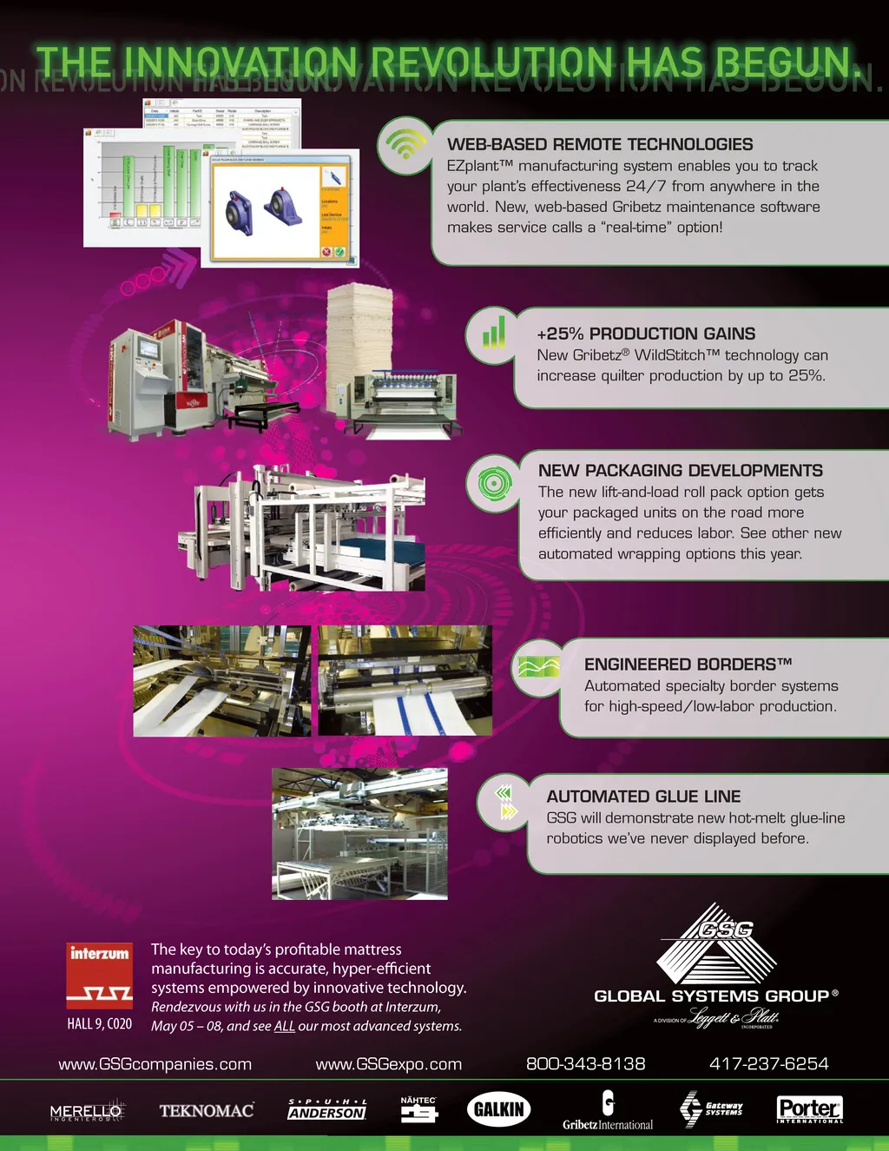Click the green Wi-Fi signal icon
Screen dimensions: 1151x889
tap(405, 143)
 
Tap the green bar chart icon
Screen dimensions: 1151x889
tap(493, 333)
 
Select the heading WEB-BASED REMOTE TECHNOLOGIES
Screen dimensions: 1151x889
tap(600, 144)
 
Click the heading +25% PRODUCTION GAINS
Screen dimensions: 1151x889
tap(646, 334)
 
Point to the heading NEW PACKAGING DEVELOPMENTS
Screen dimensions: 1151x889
tap(680, 471)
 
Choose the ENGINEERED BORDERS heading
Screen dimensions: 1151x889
tap(688, 665)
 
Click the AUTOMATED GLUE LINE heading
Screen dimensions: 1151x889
tap(643, 797)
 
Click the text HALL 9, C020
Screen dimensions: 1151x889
tap(100, 1024)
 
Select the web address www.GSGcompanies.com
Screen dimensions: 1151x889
tap(155, 1064)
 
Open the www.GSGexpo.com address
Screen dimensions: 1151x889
tap(388, 1064)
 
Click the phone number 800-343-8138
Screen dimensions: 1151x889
tap(585, 1064)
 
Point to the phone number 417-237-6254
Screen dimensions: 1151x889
tap(768, 1064)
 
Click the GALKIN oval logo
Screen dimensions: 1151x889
tap(498, 1109)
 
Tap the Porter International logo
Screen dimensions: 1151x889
tap(809, 1109)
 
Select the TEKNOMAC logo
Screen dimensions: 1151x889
tap(207, 1110)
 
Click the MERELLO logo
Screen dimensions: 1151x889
tap(87, 1112)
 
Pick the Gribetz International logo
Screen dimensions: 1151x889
tap(608, 1112)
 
